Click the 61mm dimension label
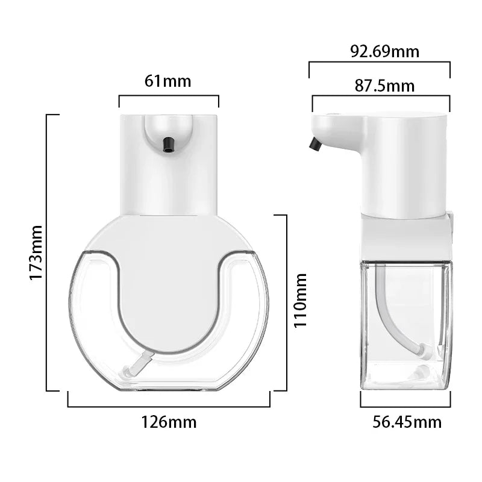[x=167, y=81]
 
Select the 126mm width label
[x=169, y=422]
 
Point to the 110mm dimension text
[x=300, y=299]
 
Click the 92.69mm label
[x=384, y=51]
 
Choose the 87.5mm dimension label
[x=384, y=86]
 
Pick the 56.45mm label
[x=407, y=422]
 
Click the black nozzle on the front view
[x=168, y=143]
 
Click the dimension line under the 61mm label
[x=169, y=96]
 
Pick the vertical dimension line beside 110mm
[x=286, y=301]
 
